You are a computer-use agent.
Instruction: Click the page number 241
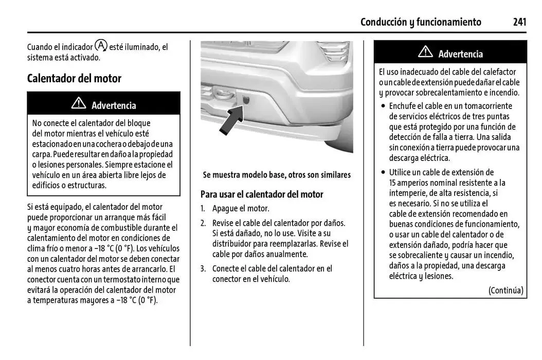point(519,22)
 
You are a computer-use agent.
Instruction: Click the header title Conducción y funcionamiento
point(421,22)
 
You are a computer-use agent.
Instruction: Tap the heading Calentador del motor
point(74,79)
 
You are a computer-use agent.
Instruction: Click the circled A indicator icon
point(101,45)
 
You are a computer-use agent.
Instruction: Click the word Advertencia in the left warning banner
point(114,105)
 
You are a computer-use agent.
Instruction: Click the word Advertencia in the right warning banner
point(460,54)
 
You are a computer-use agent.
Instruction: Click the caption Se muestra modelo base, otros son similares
point(277,175)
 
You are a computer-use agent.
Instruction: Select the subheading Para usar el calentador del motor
point(262,194)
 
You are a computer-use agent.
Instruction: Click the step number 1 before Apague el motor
point(203,209)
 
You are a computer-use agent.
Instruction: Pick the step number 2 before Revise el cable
point(203,223)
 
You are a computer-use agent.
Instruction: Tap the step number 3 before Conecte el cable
point(203,268)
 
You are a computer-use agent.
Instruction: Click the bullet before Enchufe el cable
point(383,106)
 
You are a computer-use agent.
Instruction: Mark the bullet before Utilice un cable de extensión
point(383,173)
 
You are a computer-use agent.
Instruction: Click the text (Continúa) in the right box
point(505,290)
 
